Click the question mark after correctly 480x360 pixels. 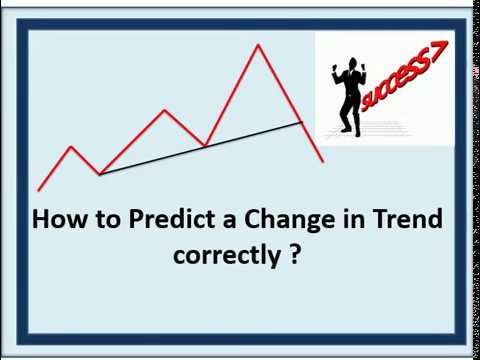tap(296, 254)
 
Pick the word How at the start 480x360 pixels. tap(55, 219)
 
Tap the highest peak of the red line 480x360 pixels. tap(258, 45)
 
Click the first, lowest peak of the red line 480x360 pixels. tap(71, 147)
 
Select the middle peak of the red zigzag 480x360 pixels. tap(164, 110)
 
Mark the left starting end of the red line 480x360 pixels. tap(38, 190)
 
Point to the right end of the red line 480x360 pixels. tap(323, 161)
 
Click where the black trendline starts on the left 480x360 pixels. tap(99, 174)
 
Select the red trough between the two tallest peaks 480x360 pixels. tap(204, 146)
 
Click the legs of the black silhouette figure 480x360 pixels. tap(350, 118)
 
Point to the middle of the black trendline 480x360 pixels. tap(200, 148)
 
